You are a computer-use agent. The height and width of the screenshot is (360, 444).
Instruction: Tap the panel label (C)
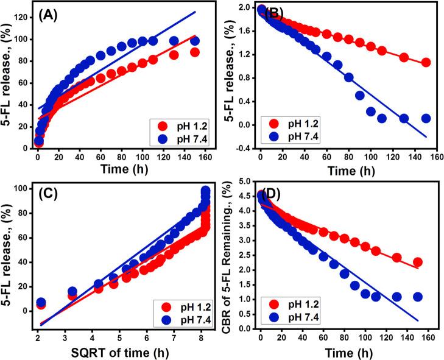pos(54,196)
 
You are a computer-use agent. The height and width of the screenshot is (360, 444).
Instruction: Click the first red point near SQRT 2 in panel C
pos(41,305)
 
